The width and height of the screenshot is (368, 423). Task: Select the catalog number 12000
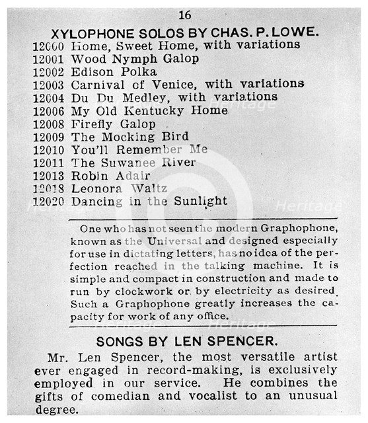(48, 45)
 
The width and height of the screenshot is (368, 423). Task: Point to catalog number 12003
(48, 84)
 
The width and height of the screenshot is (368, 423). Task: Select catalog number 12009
(48, 137)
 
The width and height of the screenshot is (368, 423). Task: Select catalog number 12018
(48, 188)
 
